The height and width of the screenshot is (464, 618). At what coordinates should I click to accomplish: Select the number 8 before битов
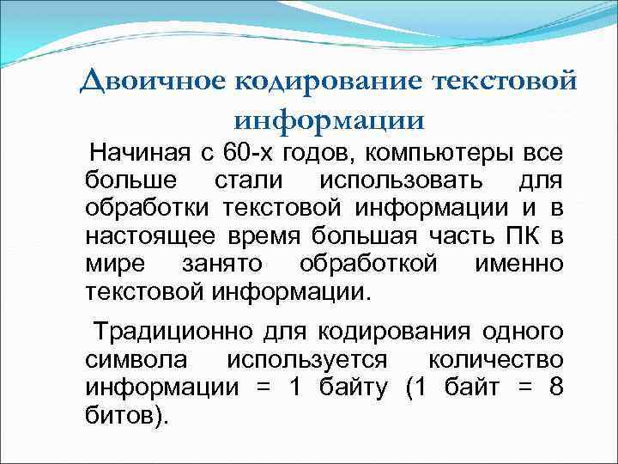coord(555,387)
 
